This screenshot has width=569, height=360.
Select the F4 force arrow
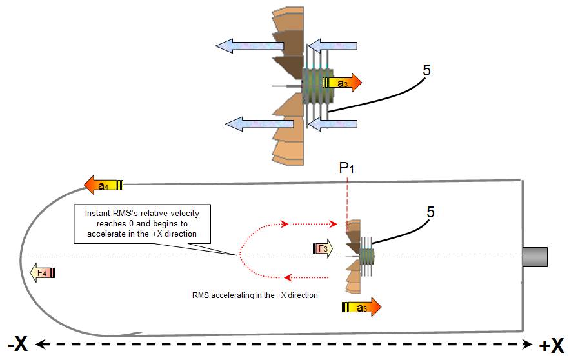(x=43, y=273)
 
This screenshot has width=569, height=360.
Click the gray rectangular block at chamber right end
(x=535, y=257)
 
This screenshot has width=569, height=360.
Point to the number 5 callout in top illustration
(x=426, y=70)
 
